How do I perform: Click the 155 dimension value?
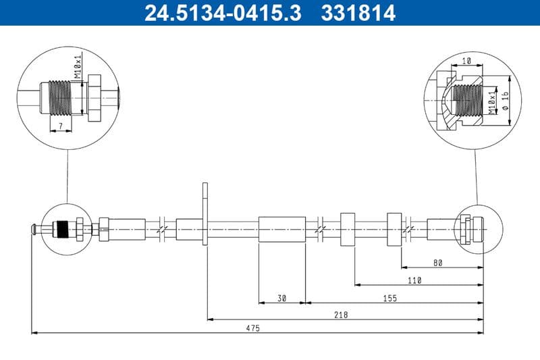tap(390, 297)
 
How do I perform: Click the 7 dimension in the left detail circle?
tap(60, 126)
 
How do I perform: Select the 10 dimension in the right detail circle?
tap(466, 61)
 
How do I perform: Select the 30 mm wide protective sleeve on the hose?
tap(282, 229)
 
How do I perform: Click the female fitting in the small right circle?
tap(468, 229)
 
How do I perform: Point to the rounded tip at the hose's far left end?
tap(32, 230)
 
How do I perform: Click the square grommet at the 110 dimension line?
tap(348, 230)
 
